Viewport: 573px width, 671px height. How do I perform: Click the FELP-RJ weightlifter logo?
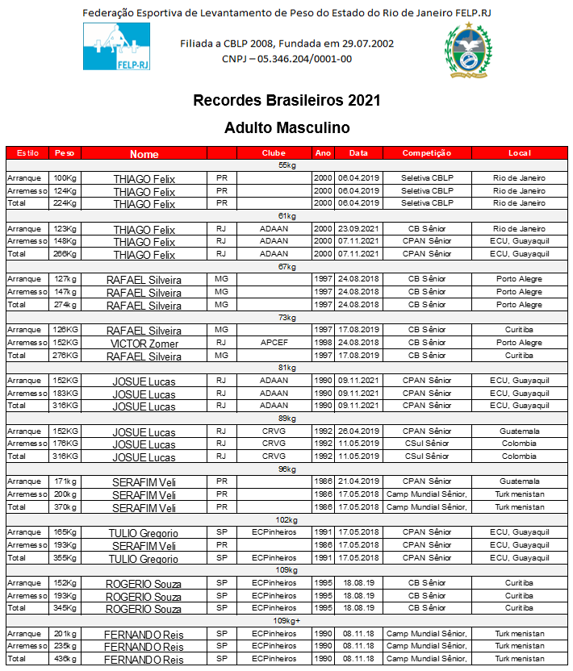[x=116, y=47]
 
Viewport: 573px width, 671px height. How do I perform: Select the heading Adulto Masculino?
[x=286, y=127]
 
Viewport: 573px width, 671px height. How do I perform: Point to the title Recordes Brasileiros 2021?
[x=286, y=102]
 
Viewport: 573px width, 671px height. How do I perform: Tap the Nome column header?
[x=144, y=153]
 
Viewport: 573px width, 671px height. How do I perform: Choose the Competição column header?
[x=426, y=153]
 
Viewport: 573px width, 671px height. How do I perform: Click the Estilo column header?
[x=27, y=153]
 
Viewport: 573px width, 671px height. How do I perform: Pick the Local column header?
[x=519, y=153]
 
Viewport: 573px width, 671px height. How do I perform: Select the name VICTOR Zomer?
[x=144, y=343]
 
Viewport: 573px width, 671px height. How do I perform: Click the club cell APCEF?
[x=269, y=343]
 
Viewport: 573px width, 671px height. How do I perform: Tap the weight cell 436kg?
[x=65, y=659]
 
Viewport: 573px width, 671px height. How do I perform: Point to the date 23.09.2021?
[x=353, y=229]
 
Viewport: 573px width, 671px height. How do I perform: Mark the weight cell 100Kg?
[x=65, y=178]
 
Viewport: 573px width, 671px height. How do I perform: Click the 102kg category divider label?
[x=286, y=520]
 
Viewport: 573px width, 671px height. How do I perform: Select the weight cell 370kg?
[x=65, y=507]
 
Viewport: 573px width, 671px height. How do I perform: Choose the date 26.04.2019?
[x=353, y=431]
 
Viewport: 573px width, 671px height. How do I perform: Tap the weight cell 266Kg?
[x=65, y=254]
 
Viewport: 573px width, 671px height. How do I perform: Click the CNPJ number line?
[x=286, y=59]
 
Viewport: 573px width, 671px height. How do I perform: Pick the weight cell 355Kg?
[x=65, y=558]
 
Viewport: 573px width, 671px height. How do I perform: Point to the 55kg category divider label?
[x=286, y=165]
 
